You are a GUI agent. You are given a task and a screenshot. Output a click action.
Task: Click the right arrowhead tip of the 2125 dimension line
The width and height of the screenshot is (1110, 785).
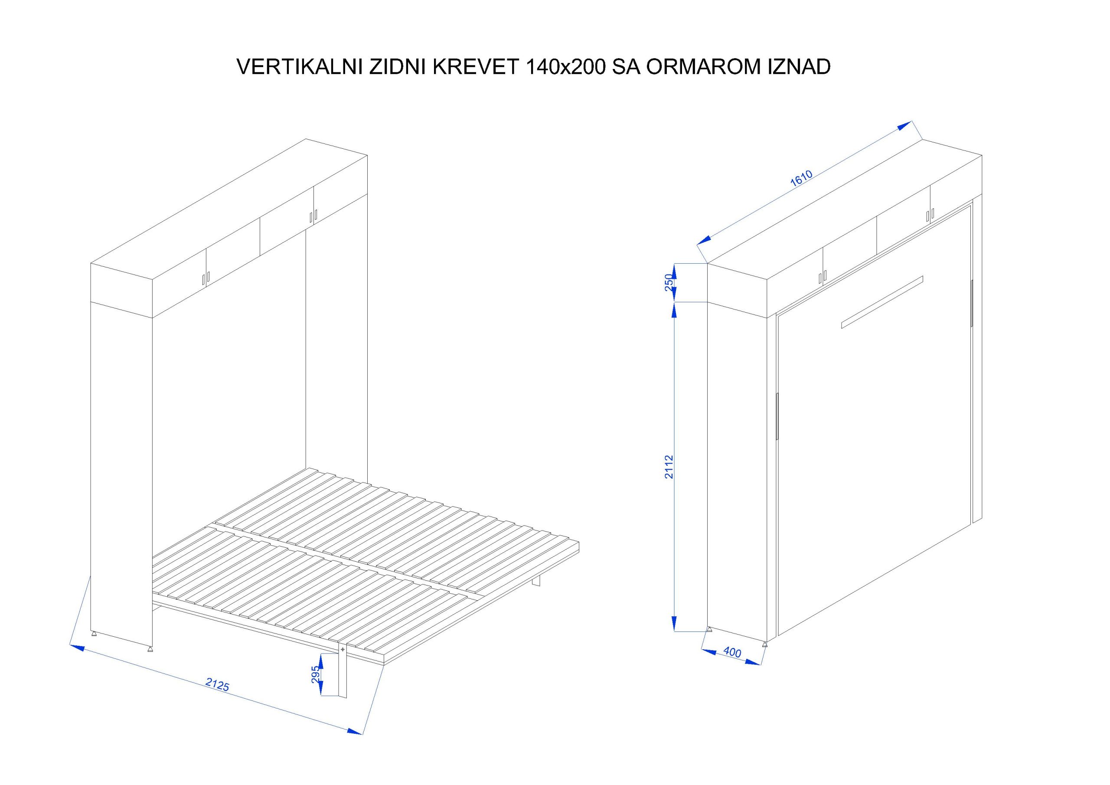click(362, 734)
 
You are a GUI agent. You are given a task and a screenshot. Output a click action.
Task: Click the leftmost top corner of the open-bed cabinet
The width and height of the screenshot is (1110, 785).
click(91, 264)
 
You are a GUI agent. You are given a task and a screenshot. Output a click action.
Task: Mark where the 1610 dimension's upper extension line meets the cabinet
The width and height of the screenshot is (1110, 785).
click(923, 140)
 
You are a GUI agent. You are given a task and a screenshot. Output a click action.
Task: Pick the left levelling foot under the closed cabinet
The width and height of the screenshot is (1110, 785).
click(710, 629)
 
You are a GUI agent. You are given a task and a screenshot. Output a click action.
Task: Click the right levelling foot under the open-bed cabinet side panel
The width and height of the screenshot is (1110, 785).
click(150, 650)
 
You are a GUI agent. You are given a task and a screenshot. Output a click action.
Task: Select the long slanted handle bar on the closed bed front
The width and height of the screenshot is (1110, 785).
click(882, 302)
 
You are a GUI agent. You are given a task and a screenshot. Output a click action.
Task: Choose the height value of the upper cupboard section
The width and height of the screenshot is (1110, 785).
click(669, 282)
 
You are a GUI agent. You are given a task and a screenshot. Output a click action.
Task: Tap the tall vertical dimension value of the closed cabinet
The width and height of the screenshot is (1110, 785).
click(669, 467)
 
